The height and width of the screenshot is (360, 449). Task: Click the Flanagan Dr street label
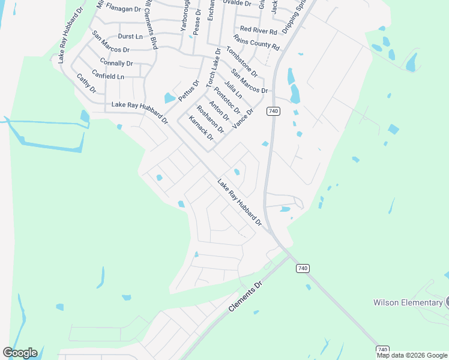tap(123, 9)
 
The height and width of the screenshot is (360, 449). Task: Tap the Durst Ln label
tap(131, 37)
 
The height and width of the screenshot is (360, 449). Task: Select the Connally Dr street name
tap(116, 63)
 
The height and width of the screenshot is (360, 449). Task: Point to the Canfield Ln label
tap(108, 77)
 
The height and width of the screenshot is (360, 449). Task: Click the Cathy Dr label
tap(86, 83)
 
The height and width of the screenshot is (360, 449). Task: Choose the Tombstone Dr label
tap(242, 62)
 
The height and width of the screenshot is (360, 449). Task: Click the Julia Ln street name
tap(233, 90)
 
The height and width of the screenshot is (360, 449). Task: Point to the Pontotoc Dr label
tap(227, 100)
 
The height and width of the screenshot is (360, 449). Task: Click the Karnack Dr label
tap(201, 128)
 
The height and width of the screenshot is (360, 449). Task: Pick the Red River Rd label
tap(258, 29)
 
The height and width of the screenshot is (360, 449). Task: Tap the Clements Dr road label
tap(246, 297)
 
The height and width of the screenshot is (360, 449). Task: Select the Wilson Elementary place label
tap(408, 302)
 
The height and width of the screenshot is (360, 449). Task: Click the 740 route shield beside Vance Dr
tap(273, 111)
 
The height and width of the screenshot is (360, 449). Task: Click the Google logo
tap(20, 352)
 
